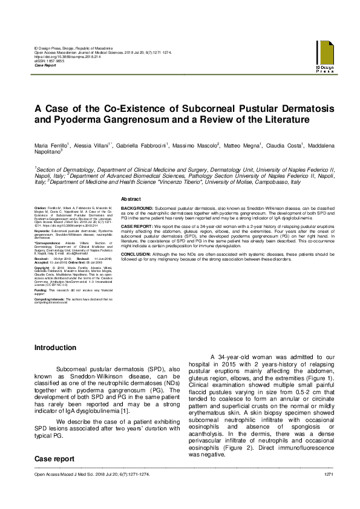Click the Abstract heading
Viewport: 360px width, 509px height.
click(x=131, y=199)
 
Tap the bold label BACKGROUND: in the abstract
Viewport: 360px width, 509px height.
click(x=137, y=207)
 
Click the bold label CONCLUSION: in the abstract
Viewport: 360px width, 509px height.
click(x=138, y=254)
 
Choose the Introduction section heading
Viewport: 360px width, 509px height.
click(x=55, y=348)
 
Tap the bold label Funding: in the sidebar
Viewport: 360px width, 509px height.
click(x=42, y=290)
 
